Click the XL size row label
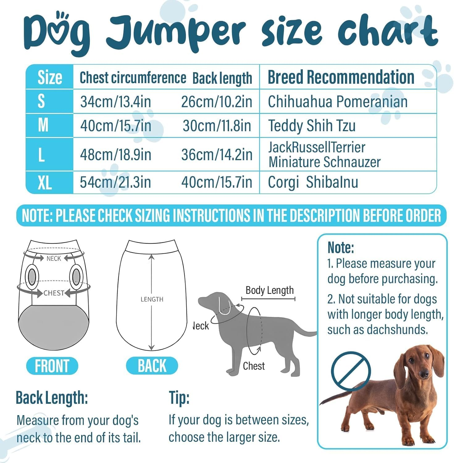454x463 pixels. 44,183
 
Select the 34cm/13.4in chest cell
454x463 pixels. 116,102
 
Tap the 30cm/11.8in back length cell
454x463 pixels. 217,126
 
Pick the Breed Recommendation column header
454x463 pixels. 341,77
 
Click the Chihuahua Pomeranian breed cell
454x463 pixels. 338,102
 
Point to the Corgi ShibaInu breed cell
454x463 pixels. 313,182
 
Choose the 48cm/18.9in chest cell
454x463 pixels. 116,155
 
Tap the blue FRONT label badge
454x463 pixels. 52,366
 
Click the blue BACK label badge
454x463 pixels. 152,366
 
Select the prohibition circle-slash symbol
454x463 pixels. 351,371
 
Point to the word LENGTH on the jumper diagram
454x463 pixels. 152,299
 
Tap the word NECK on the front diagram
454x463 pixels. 54,258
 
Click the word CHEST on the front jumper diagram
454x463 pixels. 54,293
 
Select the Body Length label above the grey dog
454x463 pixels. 269,290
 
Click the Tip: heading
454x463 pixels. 179,398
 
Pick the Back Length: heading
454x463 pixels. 52,398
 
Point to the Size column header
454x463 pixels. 50,77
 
